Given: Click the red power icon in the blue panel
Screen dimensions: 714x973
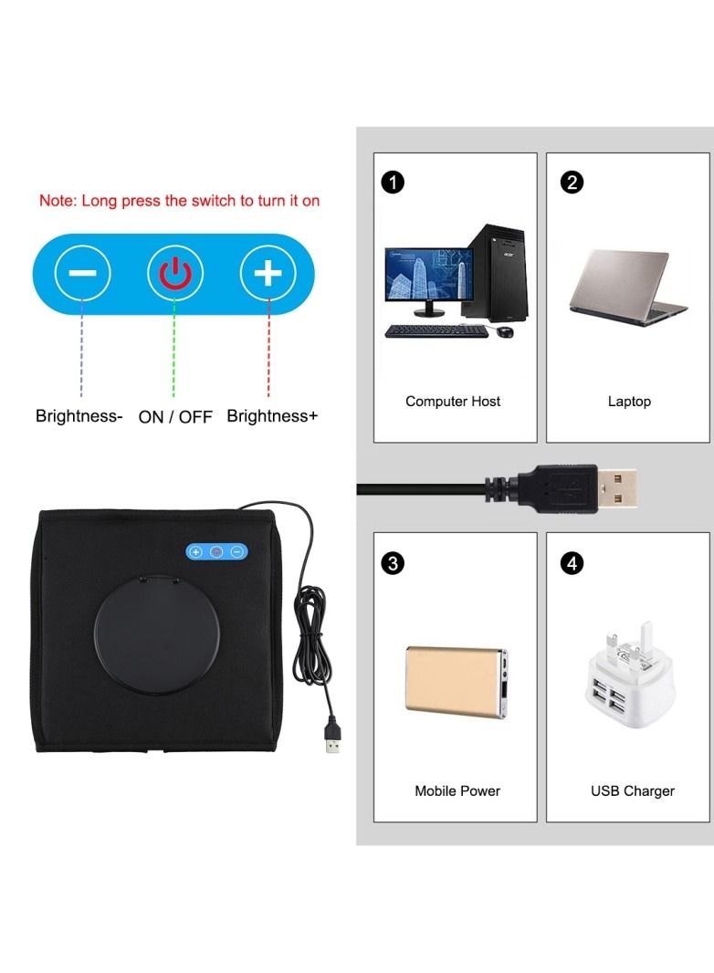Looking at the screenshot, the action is [175, 274].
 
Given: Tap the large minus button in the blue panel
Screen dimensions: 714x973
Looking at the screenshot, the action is [82, 273].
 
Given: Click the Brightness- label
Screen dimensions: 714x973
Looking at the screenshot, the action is [79, 415].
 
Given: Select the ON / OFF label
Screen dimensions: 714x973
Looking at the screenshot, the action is [175, 416].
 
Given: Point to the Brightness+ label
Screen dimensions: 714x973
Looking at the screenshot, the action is [272, 415].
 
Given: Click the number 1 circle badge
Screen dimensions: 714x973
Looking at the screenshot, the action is [393, 183].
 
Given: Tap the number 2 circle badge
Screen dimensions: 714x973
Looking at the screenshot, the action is [572, 183].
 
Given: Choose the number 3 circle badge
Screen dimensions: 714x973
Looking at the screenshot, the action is [393, 563].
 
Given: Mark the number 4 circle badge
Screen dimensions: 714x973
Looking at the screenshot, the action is [572, 563].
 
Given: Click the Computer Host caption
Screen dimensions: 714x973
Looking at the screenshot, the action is [453, 402].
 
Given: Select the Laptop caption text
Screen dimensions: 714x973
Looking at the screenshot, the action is [629, 402].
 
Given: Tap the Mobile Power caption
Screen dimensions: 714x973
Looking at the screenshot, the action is [457, 790].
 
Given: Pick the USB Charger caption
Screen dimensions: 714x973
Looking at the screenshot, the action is [632, 790].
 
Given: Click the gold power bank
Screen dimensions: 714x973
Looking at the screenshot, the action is [457, 682].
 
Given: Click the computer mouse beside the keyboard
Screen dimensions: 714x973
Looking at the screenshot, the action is [506, 331].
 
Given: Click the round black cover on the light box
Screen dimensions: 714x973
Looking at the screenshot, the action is [156, 637].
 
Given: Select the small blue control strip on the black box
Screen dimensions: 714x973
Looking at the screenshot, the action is [216, 551].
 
